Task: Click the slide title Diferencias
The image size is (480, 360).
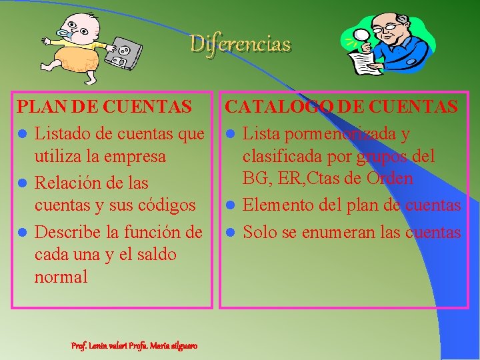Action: tap(241, 44)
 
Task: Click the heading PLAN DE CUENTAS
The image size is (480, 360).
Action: tap(105, 106)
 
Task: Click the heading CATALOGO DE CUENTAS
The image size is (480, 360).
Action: tap(341, 106)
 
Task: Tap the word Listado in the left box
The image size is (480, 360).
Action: tap(62, 134)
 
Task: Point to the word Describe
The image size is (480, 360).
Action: tap(67, 231)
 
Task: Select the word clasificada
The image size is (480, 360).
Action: tap(280, 157)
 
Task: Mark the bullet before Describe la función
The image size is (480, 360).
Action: tap(22, 232)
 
